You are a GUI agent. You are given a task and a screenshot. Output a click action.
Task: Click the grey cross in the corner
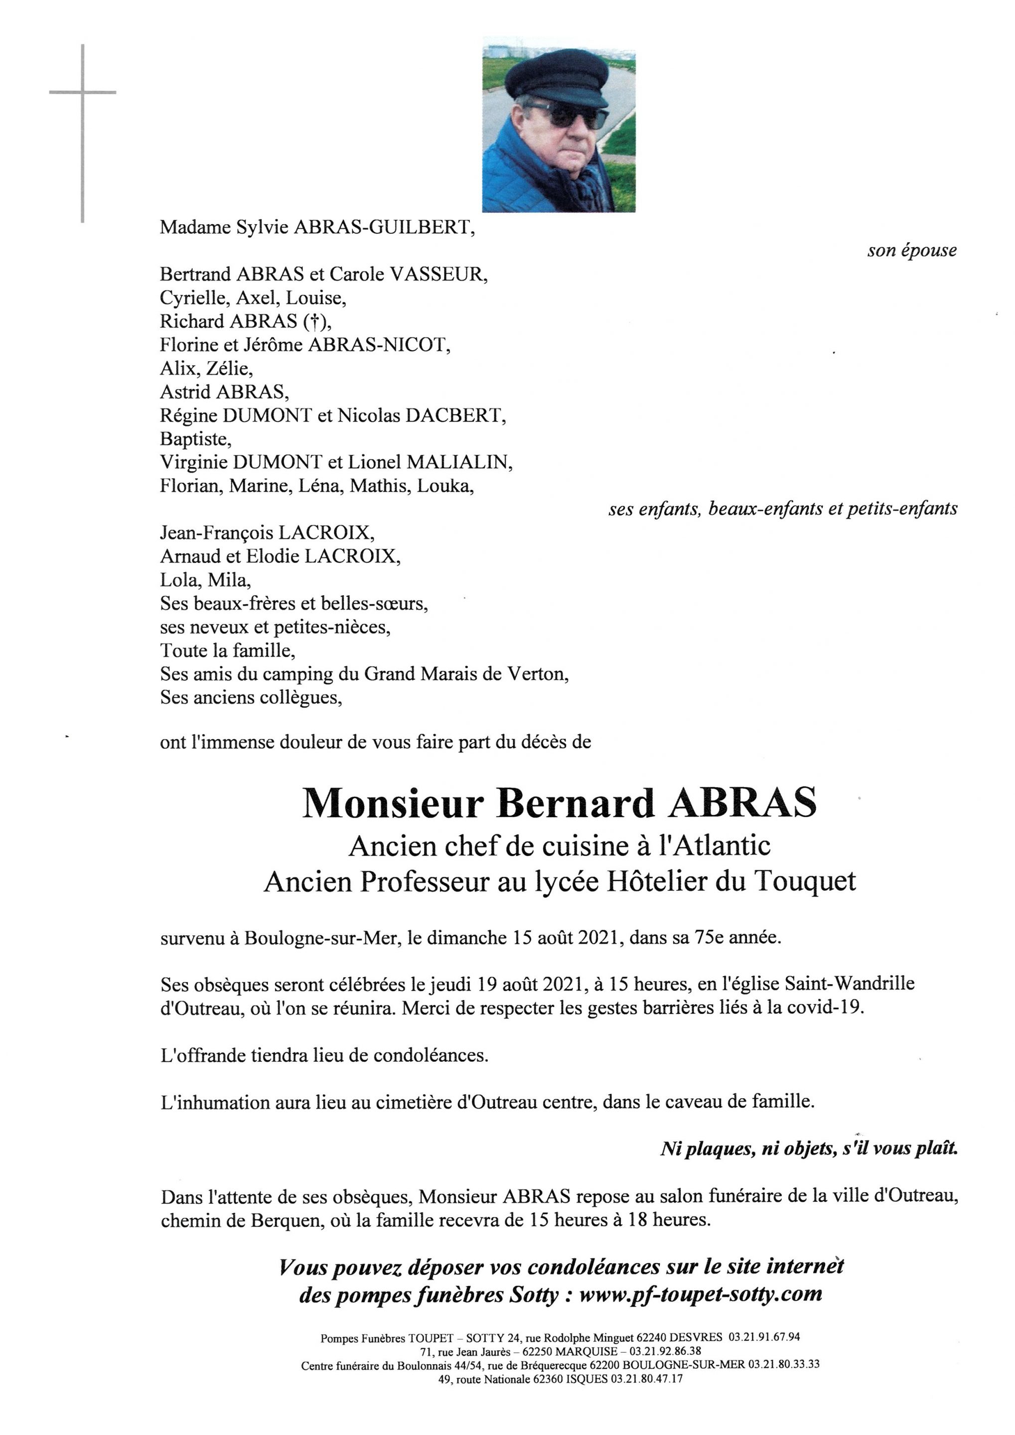tap(83, 94)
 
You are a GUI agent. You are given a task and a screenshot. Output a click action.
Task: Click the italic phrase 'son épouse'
tap(911, 251)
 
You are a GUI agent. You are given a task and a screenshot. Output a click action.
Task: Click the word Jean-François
tap(216, 533)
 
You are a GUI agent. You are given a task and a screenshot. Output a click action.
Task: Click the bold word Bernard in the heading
tap(575, 804)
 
